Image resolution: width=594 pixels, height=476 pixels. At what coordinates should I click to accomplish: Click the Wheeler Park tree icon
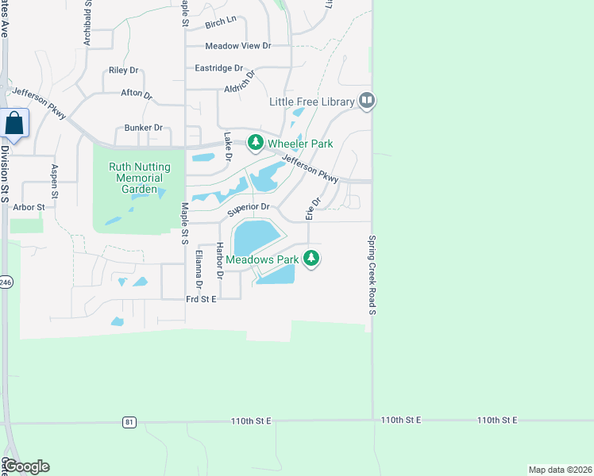255,144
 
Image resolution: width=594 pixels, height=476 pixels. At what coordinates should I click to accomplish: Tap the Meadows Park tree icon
312,259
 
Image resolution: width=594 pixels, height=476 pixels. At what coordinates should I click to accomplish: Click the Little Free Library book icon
366,101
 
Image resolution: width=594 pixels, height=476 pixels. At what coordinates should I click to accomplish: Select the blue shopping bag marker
14,123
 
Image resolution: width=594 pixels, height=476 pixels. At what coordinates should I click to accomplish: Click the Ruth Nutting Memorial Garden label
133,178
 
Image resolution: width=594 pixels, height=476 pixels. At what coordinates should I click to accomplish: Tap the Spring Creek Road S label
371,274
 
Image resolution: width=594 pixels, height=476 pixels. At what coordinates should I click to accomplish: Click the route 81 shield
129,422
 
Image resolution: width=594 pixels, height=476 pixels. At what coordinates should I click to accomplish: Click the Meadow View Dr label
237,46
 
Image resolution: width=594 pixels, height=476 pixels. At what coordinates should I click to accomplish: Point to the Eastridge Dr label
219,68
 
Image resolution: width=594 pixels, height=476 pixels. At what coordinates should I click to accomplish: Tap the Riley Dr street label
124,71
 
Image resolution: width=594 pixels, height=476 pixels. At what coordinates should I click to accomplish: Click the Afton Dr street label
136,94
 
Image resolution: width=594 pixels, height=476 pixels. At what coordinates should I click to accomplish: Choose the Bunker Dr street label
143,128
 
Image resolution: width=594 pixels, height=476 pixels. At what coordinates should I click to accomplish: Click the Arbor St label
29,206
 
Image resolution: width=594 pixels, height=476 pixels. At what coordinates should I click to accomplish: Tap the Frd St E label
201,299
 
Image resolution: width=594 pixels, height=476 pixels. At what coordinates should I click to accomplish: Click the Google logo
26,466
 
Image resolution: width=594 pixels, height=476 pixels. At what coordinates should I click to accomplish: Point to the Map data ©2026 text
559,469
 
